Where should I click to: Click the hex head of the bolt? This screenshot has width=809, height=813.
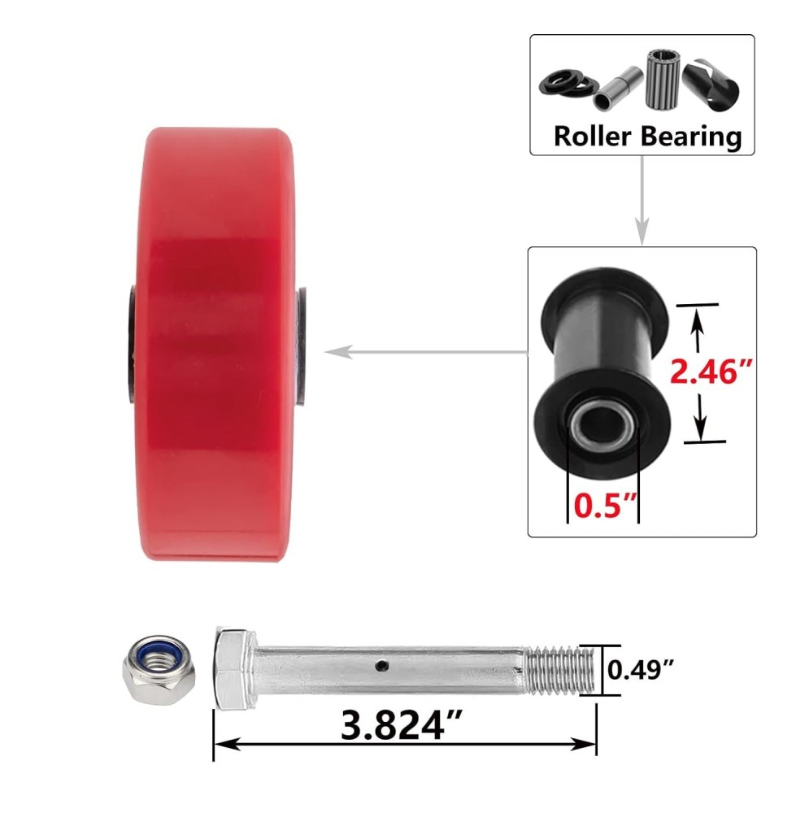pyautogui.click(x=235, y=669)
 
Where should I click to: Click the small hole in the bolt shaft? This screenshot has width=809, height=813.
pyautogui.click(x=382, y=665)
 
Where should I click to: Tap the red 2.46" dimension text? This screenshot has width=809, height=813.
pyautogui.click(x=711, y=371)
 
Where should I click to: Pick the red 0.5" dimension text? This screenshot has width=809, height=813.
pyautogui.click(x=605, y=505)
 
